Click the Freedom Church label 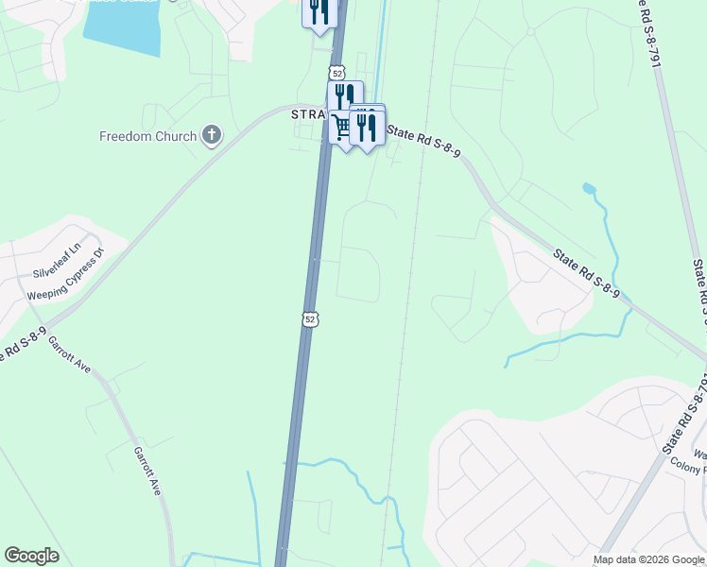(147, 136)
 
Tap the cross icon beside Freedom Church (211, 136)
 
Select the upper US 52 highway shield (337, 72)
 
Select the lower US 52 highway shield (310, 319)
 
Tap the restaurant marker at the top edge (319, 12)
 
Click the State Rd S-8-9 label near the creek (586, 274)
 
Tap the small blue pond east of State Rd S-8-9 (590, 188)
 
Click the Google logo (31, 556)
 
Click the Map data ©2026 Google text (649, 559)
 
